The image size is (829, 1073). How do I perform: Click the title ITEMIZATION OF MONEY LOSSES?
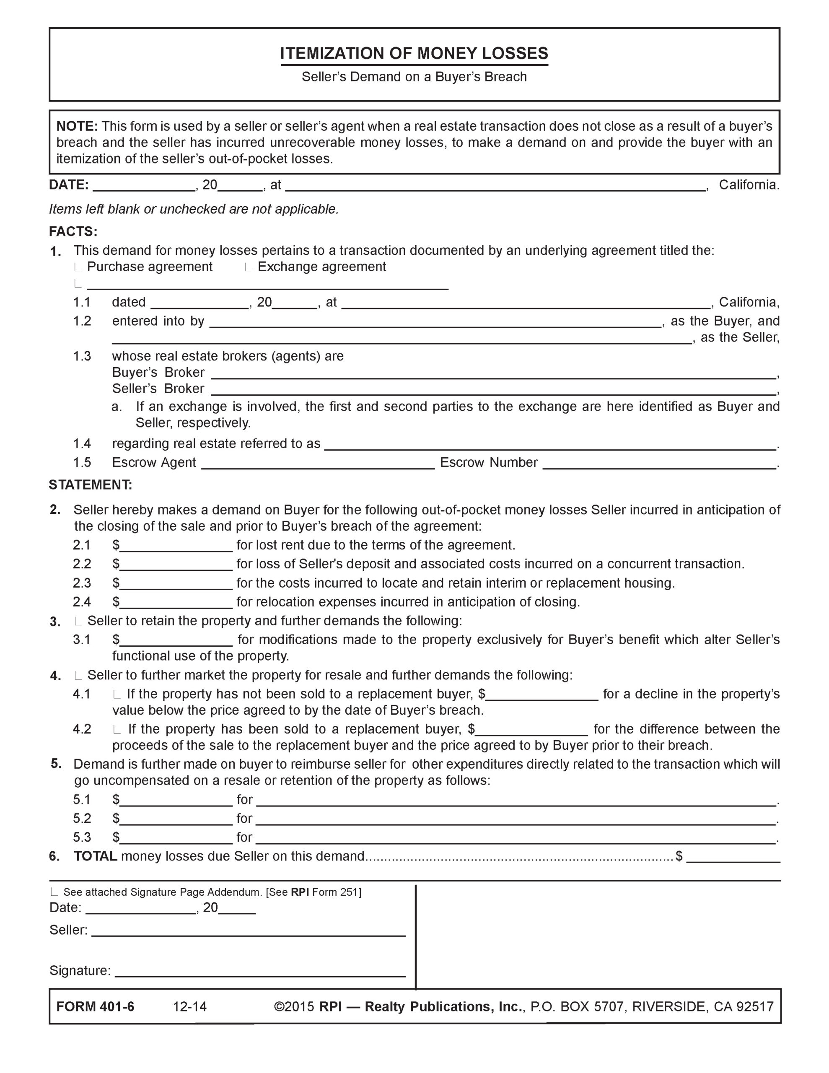pos(414,53)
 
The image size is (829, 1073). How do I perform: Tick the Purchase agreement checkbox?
pos(78,268)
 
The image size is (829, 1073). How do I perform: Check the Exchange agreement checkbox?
pos(249,268)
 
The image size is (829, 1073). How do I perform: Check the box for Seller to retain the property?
pos(78,622)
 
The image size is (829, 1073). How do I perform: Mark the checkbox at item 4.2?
pos(117,731)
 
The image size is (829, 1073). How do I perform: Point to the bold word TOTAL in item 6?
pos(95,856)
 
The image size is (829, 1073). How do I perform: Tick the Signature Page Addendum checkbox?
pos(54,893)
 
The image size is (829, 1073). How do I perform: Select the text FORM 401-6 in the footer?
pos(95,1007)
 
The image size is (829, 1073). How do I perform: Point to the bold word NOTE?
pos(77,126)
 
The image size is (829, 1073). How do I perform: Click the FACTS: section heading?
pos(73,231)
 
